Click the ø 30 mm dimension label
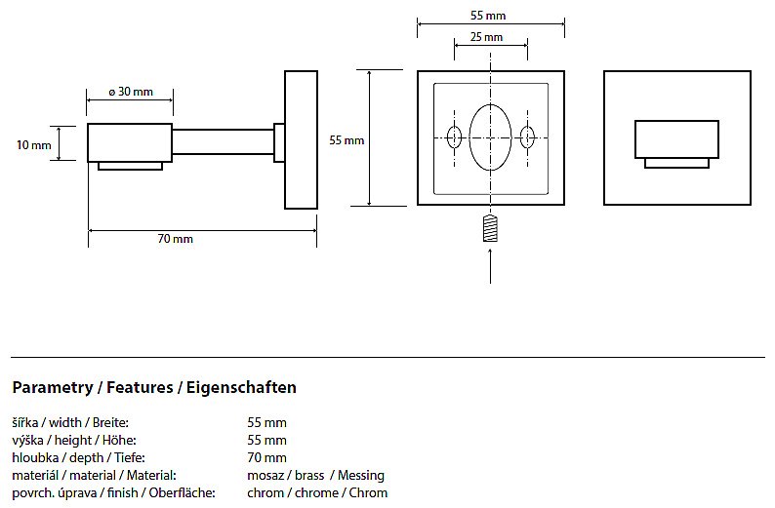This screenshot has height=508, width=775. coord(131,92)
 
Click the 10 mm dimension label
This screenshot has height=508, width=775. coord(34,145)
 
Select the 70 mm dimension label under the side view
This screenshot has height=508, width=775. coord(177,239)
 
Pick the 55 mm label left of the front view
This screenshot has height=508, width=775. coord(347,140)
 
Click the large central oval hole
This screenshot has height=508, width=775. coord(490,137)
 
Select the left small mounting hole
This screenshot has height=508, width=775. coord(454,137)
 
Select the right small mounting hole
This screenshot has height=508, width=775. coord(527,137)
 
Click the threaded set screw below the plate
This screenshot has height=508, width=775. coord(490,230)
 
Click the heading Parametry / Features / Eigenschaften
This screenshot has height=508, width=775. coord(154,387)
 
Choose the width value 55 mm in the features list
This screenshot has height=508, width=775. coord(267,423)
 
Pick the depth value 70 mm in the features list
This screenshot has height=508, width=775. coord(267,458)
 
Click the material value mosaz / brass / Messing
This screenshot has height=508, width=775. coord(316,476)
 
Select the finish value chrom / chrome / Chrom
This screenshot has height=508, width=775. coord(317,493)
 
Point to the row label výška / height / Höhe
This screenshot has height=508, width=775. coord(69,441)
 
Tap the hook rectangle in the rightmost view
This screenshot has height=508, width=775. coord(676,138)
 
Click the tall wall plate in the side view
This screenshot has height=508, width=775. coord(301,139)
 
